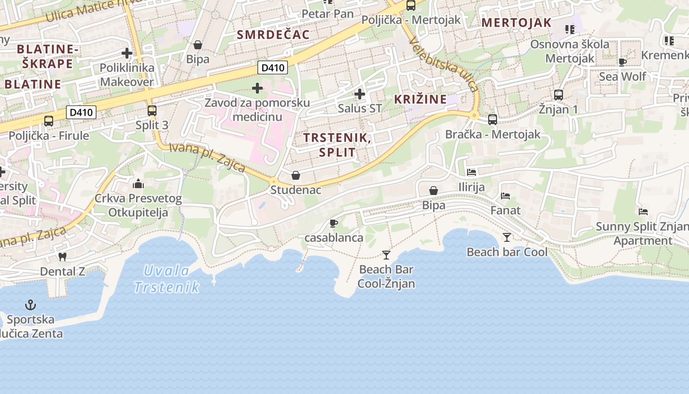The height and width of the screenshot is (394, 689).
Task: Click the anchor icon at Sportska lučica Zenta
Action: (31, 305)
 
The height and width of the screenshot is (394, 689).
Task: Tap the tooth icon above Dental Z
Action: (62, 257)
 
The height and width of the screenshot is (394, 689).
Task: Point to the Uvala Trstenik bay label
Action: (167, 279)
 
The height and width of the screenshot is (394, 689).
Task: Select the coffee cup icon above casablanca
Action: (334, 224)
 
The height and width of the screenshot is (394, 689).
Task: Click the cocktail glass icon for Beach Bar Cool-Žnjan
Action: (386, 255)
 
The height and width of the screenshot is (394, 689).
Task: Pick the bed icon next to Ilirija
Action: (471, 172)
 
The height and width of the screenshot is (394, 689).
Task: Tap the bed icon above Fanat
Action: (505, 196)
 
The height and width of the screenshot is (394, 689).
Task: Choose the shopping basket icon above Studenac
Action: (296, 175)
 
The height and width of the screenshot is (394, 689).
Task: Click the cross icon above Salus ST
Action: (360, 94)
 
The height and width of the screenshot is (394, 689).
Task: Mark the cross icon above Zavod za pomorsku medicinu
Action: (257, 88)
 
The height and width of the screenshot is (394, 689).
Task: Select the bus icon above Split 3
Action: (152, 111)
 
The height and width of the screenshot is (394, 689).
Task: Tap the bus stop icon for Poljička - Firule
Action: (48, 121)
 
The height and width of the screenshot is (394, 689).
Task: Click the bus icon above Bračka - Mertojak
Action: (493, 120)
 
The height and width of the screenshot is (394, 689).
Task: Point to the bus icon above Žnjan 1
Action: (558, 95)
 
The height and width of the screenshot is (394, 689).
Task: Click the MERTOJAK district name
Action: (516, 23)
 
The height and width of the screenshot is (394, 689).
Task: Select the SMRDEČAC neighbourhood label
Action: (273, 34)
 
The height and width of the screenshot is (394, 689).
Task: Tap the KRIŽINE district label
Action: (420, 99)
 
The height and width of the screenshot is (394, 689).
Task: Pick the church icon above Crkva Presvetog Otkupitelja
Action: (138, 184)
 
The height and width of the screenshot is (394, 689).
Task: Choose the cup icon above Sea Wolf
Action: (622, 62)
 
